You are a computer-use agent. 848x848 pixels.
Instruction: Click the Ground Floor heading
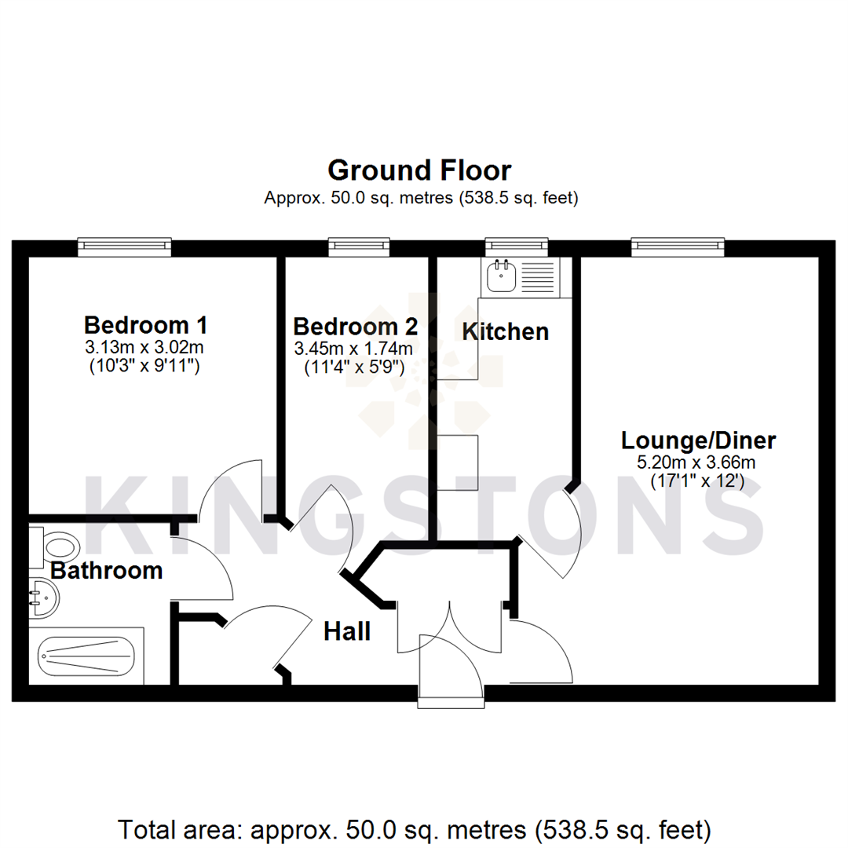(419, 170)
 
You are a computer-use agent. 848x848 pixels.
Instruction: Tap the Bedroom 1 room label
(145, 324)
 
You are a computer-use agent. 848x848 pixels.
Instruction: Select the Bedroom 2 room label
(355, 326)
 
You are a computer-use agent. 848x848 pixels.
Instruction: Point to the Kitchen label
(505, 331)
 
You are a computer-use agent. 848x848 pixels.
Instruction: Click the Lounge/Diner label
(698, 440)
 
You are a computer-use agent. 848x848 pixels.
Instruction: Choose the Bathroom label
(106, 571)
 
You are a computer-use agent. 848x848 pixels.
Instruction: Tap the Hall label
(347, 631)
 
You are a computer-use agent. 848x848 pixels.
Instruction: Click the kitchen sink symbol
(500, 276)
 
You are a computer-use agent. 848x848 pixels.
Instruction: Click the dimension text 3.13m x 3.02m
(145, 347)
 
